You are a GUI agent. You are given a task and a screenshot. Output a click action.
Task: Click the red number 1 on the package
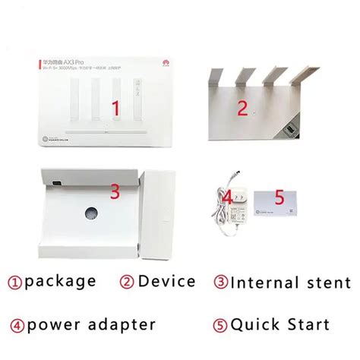click(115, 107)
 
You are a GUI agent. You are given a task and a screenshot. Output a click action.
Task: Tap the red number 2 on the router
click(242, 109)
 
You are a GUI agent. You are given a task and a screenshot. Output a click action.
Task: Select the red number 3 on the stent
click(115, 192)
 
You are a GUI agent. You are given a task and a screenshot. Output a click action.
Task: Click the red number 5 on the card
click(279, 197)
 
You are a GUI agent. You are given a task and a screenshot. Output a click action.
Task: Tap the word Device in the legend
click(167, 281)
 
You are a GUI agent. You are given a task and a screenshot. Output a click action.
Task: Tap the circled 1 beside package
click(14, 282)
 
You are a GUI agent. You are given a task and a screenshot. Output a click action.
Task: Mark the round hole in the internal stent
click(92, 211)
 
